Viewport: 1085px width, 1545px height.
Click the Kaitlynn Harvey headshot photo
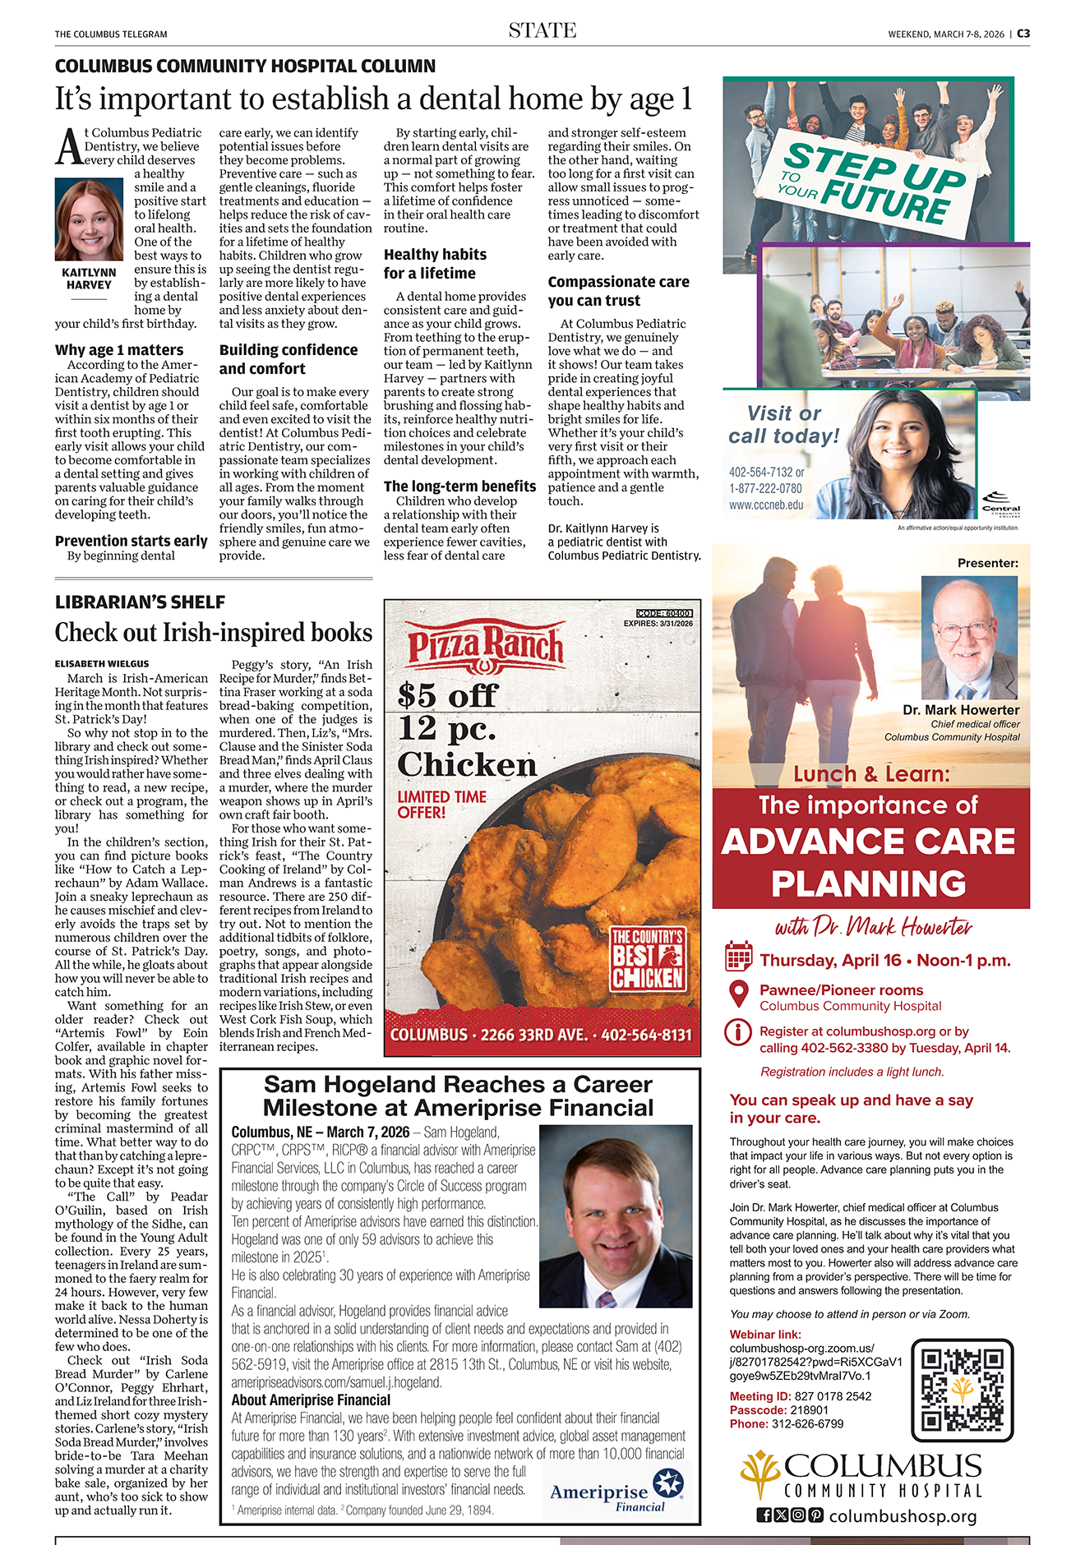(89, 220)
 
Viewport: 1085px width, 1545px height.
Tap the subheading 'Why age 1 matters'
(119, 350)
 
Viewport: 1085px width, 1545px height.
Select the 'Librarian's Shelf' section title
(140, 602)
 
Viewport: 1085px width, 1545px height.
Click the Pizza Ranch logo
(486, 645)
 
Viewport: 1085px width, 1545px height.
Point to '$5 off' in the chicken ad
(447, 695)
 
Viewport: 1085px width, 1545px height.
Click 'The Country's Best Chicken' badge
(648, 958)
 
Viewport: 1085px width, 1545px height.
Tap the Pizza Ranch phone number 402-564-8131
(646, 1035)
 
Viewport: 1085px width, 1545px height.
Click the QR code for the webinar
(962, 1390)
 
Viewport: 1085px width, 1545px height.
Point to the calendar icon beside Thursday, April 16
(738, 957)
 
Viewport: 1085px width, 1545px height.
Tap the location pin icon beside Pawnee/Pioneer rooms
(738, 994)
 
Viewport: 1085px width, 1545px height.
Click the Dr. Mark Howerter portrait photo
(969, 637)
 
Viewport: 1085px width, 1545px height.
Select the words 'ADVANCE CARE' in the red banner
(868, 842)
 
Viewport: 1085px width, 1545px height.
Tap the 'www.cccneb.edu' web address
(766, 505)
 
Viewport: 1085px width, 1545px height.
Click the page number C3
(1023, 34)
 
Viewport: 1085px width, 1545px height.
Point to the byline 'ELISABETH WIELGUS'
(102, 663)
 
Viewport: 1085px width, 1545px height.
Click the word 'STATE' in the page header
(542, 31)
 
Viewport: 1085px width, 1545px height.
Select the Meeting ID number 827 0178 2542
(833, 1396)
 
